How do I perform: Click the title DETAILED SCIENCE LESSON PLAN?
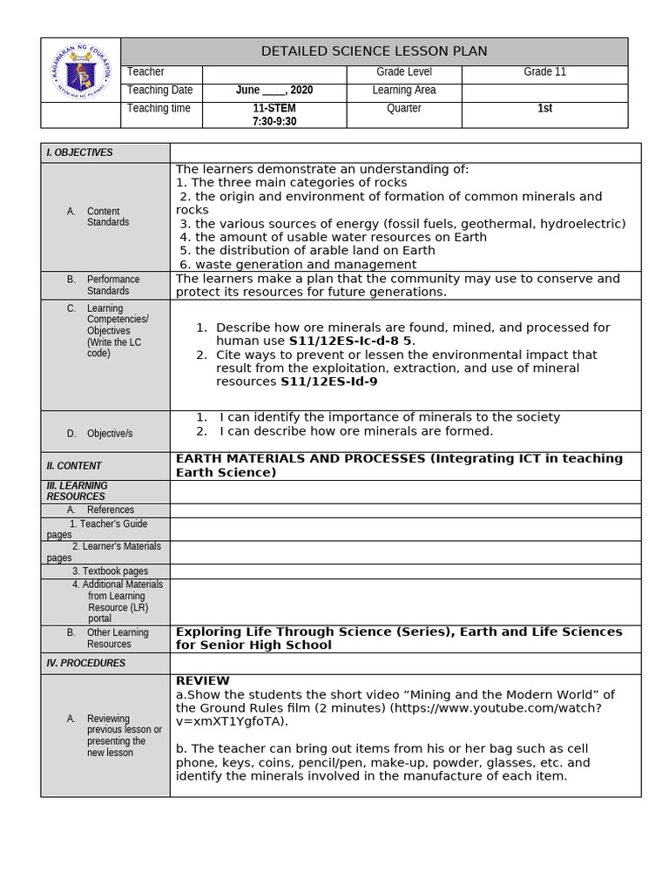(374, 51)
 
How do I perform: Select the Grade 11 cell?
(544, 72)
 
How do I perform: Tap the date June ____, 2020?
(274, 91)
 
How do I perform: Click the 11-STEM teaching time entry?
(274, 109)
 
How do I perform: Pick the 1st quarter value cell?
(544, 109)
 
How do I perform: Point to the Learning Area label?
(403, 91)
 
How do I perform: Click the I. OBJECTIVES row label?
(79, 152)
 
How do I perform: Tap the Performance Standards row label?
(112, 285)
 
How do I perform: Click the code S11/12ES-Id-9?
(328, 382)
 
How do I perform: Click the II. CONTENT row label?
(74, 466)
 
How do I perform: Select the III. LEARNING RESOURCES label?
(77, 491)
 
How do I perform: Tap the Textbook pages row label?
(110, 571)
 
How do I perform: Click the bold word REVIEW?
(202, 680)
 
